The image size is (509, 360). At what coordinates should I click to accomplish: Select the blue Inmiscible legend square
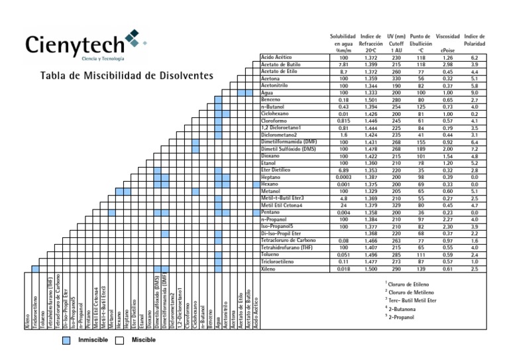click(x=68, y=341)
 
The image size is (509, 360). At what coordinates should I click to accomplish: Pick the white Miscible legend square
click(x=120, y=341)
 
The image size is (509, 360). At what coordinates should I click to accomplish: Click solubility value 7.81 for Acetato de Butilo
click(x=343, y=64)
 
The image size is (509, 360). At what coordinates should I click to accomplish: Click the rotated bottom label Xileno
click(x=27, y=319)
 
